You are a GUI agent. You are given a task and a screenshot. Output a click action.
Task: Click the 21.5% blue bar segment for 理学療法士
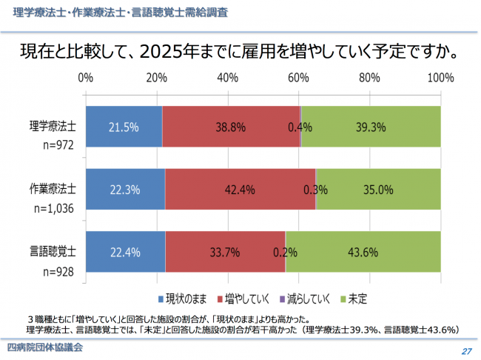124,127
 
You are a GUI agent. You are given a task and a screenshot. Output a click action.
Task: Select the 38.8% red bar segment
231,127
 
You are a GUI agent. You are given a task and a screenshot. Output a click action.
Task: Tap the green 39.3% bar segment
371,127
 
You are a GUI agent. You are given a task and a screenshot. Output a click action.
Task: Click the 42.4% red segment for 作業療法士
240,190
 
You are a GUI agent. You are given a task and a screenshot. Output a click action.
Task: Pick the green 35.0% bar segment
378,190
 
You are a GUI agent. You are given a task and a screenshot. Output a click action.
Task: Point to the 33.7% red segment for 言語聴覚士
225,252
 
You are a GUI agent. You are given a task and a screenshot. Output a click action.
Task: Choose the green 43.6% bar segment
363,252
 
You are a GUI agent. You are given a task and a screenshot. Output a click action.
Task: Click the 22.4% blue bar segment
125,252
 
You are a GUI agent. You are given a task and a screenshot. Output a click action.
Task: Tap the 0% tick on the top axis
85,78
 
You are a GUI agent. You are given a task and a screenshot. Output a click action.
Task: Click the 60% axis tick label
299,78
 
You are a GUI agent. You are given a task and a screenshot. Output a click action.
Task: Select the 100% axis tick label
441,78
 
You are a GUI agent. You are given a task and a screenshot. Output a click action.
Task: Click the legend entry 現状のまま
184,299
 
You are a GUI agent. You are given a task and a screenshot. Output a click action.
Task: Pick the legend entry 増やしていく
247,299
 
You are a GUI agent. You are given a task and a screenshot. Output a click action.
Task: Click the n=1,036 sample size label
54,209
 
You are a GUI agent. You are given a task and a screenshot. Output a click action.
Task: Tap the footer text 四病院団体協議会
44,347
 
